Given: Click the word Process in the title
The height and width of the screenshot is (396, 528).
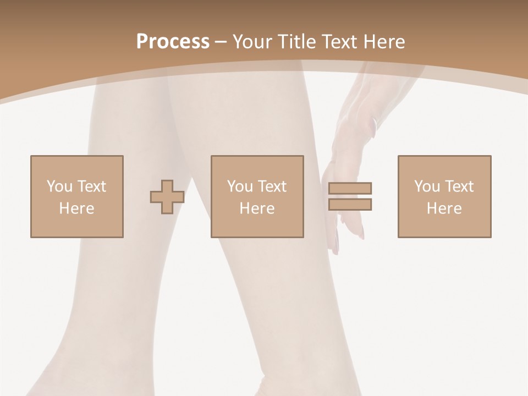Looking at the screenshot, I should tap(173, 42).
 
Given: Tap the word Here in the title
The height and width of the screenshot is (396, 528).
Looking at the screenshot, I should tap(384, 42).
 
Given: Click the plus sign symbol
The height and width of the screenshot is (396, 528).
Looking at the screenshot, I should tap(167, 197).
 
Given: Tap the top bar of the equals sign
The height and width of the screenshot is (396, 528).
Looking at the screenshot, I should tap(350, 189).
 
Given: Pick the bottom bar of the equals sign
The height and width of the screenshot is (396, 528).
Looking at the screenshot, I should tap(350, 204).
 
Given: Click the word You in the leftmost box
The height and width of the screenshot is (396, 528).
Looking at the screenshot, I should tap(59, 186).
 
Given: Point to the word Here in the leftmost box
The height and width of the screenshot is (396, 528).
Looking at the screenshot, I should tap(76, 208).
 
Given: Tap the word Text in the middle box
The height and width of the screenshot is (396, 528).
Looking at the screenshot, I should tap(272, 186).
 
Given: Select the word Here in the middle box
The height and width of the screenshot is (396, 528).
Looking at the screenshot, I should tap(257, 208).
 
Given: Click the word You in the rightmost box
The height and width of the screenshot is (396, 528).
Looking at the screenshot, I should tap(427, 186).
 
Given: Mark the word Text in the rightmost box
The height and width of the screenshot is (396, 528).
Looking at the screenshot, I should tap(459, 186).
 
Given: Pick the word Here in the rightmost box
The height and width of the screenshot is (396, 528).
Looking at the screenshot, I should tap(444, 208).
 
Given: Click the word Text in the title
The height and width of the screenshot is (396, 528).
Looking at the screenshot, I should tap(342, 42).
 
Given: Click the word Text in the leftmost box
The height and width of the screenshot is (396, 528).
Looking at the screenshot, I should tap(91, 186).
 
